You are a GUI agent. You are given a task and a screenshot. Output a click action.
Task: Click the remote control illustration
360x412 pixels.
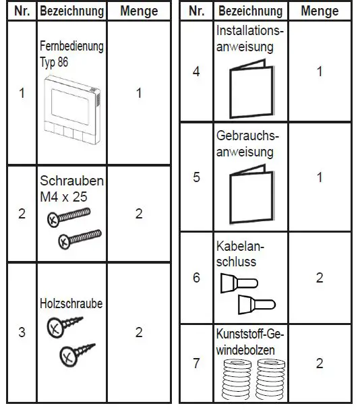point(71,110)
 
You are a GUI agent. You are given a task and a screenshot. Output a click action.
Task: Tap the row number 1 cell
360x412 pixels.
point(22,93)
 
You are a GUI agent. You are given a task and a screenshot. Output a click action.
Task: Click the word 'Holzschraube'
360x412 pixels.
point(71,303)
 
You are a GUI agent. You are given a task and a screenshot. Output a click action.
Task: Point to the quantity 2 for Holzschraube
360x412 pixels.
point(139,332)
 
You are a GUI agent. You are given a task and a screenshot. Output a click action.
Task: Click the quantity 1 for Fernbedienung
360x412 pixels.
point(139,93)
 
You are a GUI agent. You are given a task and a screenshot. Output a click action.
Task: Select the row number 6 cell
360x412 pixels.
point(196,277)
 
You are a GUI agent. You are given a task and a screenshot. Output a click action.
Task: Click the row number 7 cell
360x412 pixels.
point(196,363)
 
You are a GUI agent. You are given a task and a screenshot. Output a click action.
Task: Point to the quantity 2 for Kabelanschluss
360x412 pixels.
point(319,277)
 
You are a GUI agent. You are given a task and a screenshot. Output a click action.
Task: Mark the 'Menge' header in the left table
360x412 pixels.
point(139,11)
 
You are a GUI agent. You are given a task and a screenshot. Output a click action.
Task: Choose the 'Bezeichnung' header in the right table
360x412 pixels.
point(249,11)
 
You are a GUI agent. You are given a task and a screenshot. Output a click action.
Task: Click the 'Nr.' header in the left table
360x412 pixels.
point(22,11)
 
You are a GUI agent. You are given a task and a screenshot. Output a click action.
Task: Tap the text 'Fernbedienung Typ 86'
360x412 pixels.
point(71,54)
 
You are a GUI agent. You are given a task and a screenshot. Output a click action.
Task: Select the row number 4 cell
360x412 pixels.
point(196,71)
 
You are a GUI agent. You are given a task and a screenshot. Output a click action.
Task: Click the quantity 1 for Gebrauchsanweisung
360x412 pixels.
point(319,177)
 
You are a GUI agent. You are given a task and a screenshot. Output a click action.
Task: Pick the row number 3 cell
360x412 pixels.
point(22,332)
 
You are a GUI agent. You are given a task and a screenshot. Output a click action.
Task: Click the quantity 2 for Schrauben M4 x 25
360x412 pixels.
point(139,214)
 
